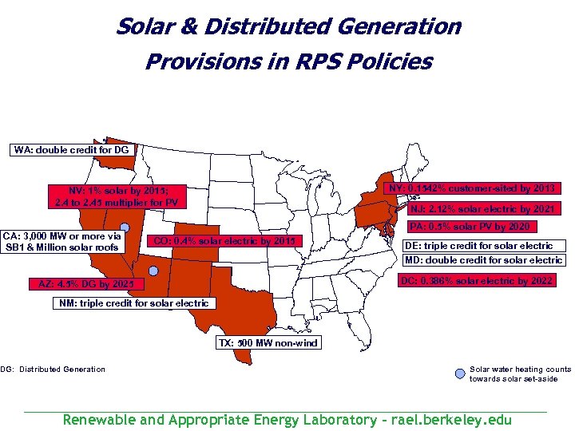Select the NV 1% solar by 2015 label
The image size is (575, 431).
click(117, 196)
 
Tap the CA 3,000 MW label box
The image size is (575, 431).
click(63, 242)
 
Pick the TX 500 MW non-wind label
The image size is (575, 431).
click(268, 343)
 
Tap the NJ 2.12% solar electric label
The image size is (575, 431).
click(482, 210)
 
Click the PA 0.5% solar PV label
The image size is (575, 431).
click(480, 227)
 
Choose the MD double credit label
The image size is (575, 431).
click(484, 260)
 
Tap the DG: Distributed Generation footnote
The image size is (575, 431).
click(53, 369)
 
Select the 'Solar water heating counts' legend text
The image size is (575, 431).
click(520, 369)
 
